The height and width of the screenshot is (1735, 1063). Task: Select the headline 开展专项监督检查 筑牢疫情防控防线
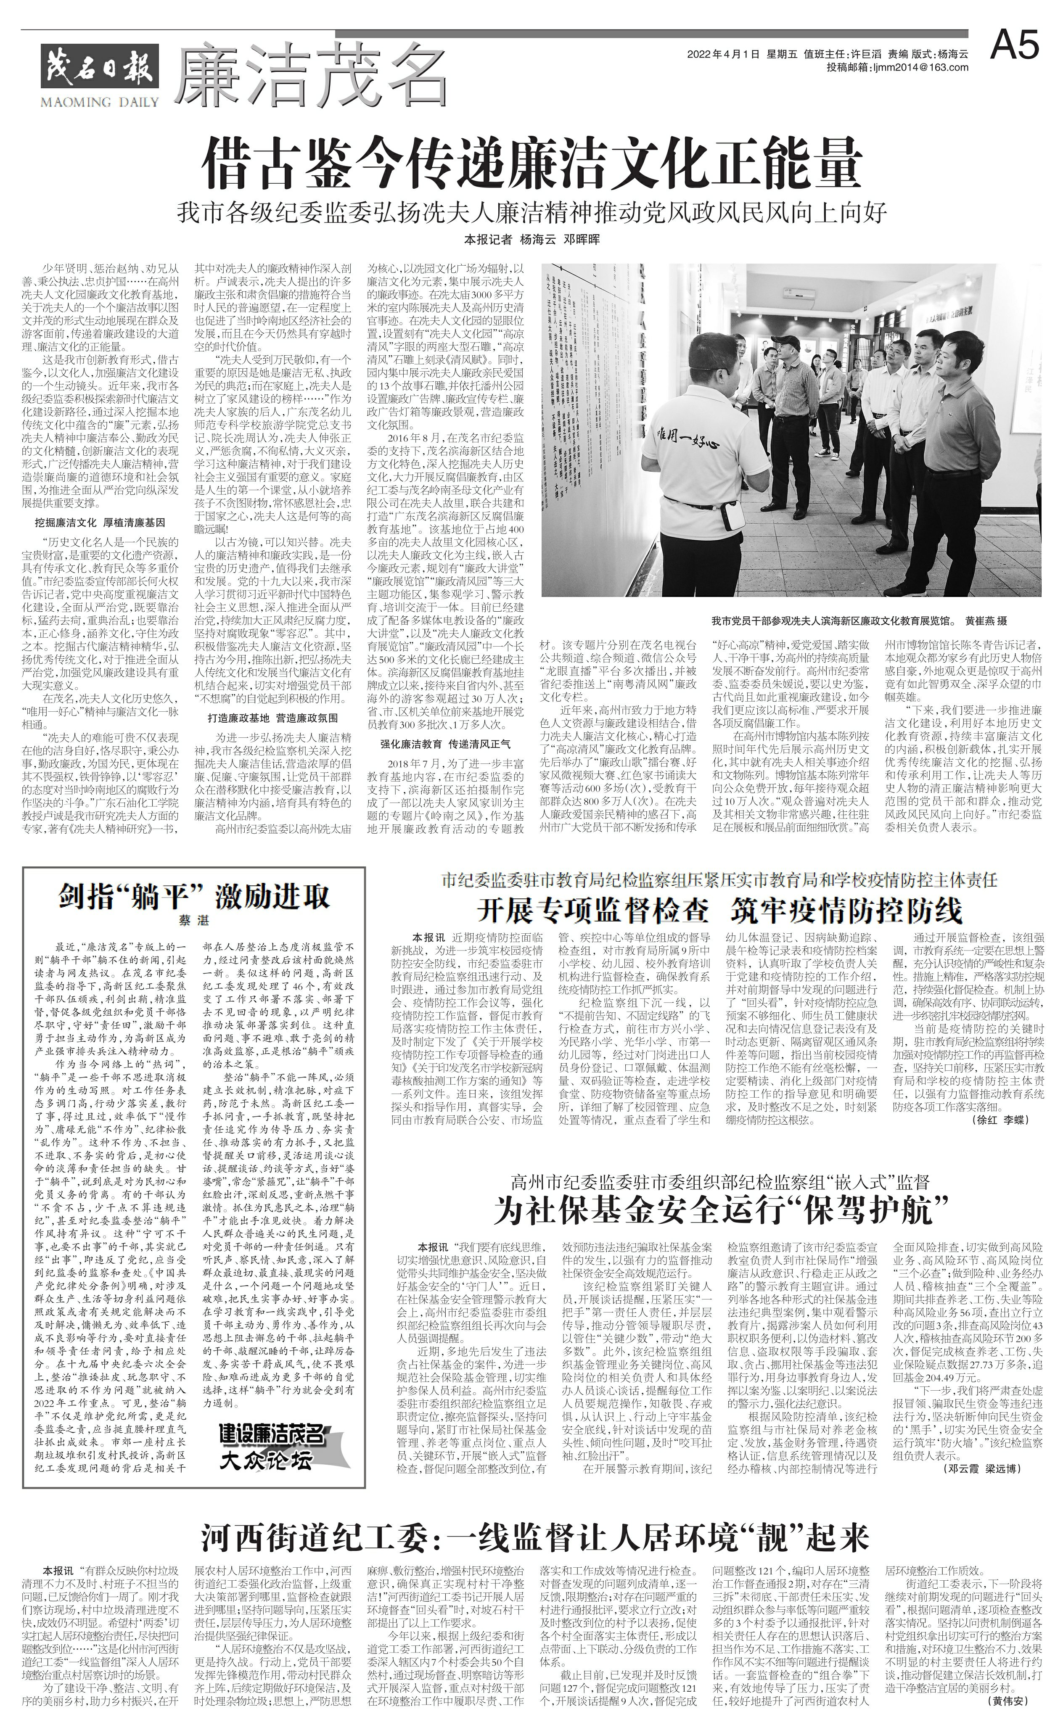point(719,911)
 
